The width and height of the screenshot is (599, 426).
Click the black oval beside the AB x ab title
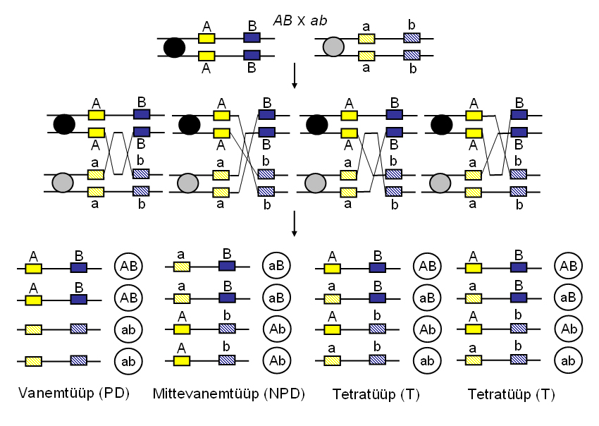point(174,47)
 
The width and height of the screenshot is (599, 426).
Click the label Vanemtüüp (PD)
point(75,394)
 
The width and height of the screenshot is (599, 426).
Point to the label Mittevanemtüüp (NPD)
point(228,394)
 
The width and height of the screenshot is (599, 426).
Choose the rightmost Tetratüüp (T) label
point(511,394)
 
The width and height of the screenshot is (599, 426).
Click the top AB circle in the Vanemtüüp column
point(129,266)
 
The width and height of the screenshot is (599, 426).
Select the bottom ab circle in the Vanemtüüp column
point(129,360)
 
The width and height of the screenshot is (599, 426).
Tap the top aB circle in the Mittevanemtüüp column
point(277,266)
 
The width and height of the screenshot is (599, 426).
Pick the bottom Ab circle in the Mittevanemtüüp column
point(277,360)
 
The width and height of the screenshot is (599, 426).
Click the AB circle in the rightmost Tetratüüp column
point(569,266)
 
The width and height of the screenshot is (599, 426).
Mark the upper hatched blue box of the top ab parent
point(412,38)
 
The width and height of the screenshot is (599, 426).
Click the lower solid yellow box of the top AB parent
point(206,55)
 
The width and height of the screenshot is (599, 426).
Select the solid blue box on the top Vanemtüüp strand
point(79,269)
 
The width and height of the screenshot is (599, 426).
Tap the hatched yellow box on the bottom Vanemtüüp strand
point(33,360)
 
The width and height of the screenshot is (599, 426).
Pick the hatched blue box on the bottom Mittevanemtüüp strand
point(227,360)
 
